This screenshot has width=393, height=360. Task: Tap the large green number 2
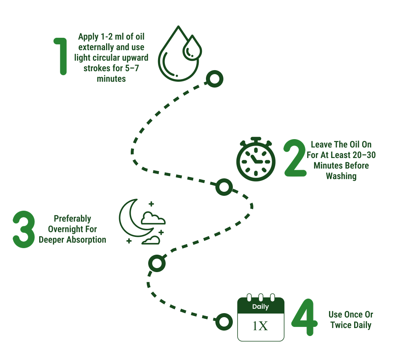[x=295, y=158]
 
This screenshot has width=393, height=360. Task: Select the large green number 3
[x=24, y=229]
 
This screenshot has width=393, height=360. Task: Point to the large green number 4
[x=304, y=317]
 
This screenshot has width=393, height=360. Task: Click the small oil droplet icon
[x=192, y=48]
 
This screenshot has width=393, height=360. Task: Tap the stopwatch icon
[x=256, y=159]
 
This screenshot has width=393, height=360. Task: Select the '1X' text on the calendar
[x=260, y=326]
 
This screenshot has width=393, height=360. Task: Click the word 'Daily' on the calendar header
[x=261, y=307]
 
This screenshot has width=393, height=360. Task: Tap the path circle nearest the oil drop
[x=215, y=79]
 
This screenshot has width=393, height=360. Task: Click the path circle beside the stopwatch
[x=224, y=187]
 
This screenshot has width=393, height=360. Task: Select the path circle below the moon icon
[x=157, y=263]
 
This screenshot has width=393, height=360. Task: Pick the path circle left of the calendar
[x=224, y=322]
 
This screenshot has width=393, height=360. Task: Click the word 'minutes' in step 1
[x=111, y=79]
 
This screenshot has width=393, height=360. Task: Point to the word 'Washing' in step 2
[x=341, y=176]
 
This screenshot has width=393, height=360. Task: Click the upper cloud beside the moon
[x=153, y=218]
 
